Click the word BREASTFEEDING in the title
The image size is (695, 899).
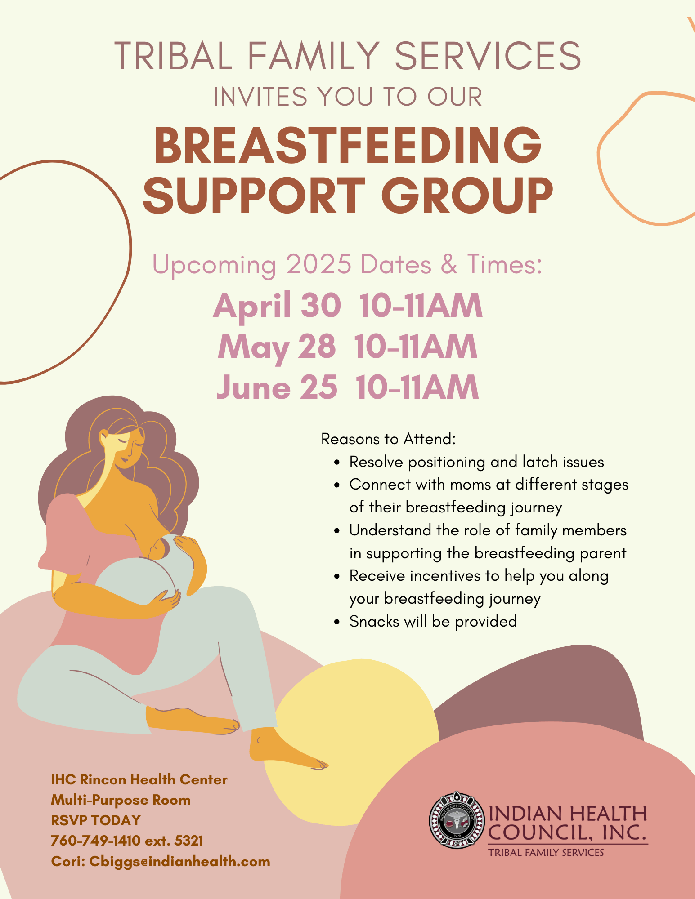(x=348, y=145)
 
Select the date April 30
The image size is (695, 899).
(x=277, y=306)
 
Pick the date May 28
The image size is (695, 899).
(x=277, y=347)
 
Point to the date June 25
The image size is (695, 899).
(x=277, y=387)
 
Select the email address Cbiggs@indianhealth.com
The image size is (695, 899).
(x=180, y=861)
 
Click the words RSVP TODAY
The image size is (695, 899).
(x=96, y=820)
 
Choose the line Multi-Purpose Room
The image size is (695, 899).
(x=121, y=800)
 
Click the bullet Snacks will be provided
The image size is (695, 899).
(x=433, y=621)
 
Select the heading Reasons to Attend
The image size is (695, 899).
(x=389, y=439)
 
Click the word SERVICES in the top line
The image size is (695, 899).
(x=488, y=56)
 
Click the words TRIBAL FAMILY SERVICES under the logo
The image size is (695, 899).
(x=546, y=853)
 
